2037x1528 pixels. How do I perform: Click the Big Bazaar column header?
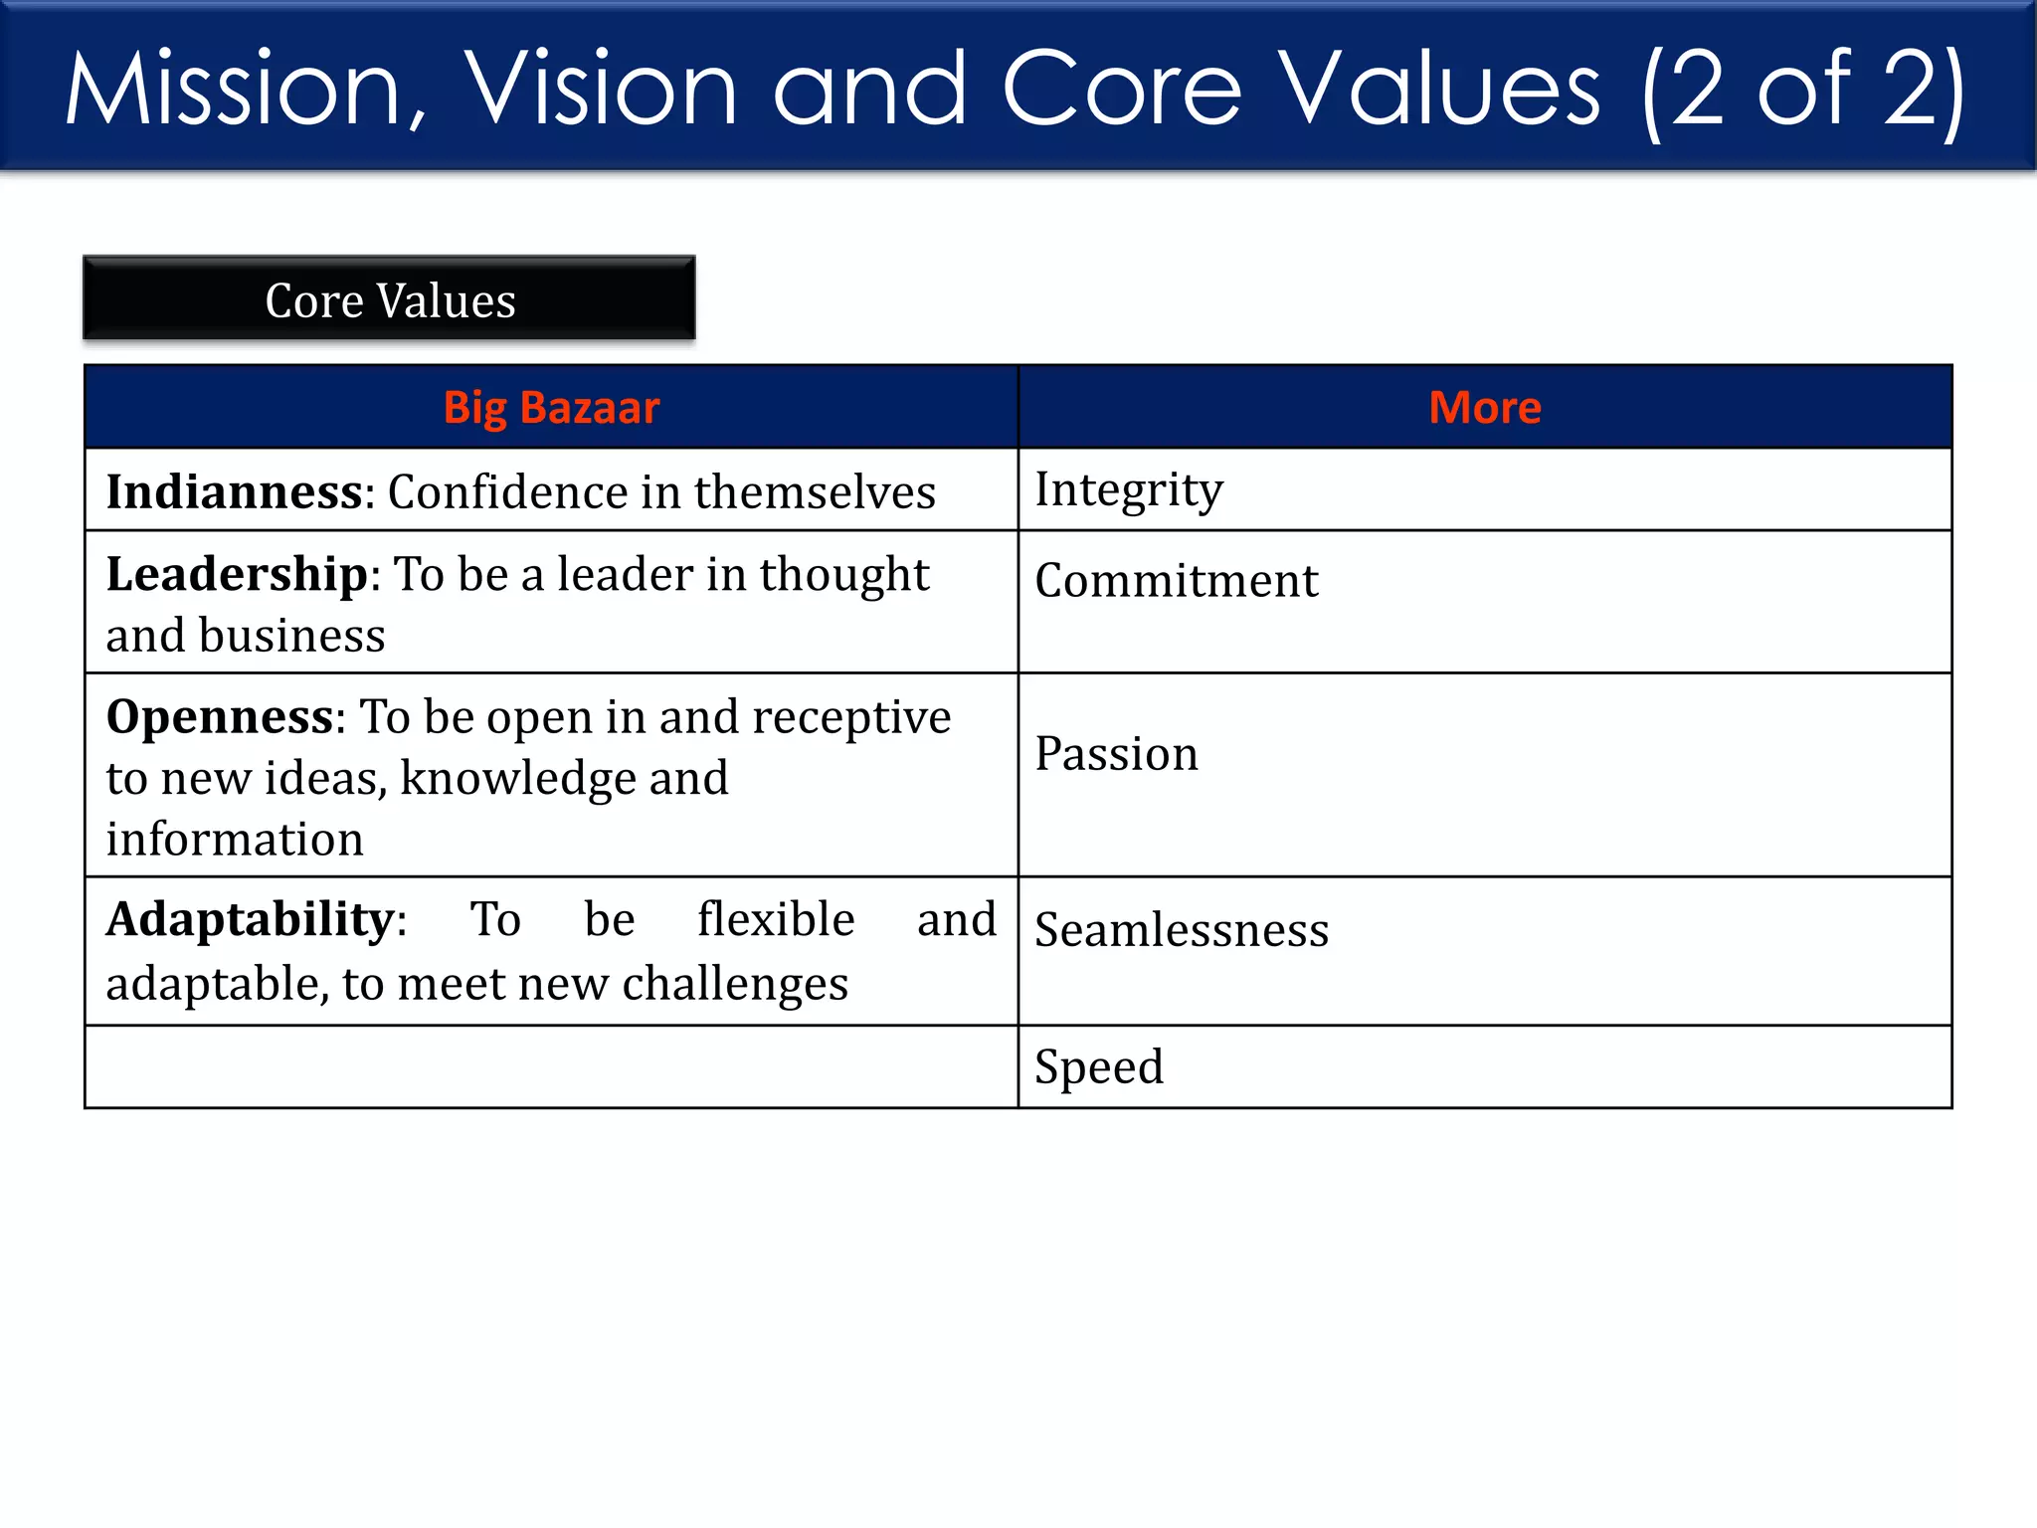551,408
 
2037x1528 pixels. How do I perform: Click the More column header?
1484,408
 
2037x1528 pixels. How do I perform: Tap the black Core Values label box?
390,299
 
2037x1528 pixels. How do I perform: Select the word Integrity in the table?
1129,490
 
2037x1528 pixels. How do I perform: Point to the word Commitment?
1176,581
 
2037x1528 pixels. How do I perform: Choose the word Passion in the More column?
1116,754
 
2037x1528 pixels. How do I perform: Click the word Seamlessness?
1182,930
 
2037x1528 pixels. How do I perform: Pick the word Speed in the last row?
1098,1067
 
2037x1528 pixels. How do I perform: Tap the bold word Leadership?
237,575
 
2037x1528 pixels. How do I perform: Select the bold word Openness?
219,717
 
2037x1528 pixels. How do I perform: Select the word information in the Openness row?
235,840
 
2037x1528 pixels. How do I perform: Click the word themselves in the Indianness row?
815,492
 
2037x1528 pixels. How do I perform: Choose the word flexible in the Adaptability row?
776,919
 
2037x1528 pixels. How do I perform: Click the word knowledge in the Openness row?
517,779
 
